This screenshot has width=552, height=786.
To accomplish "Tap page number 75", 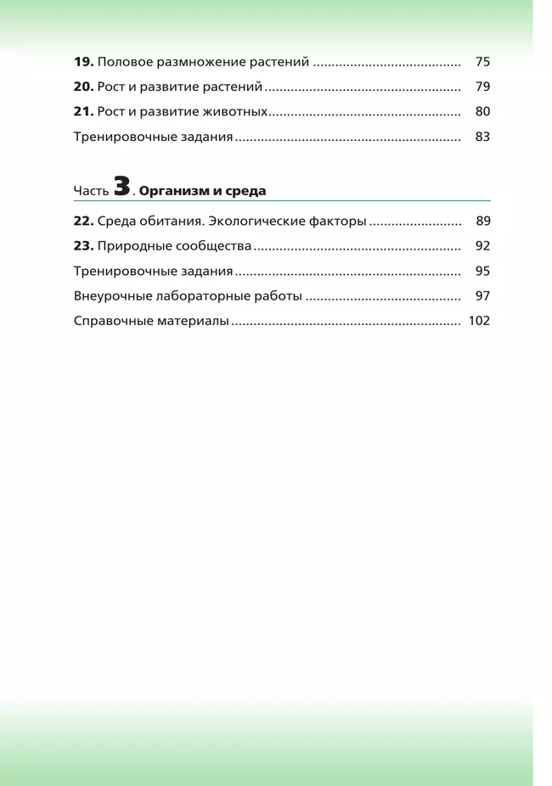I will coord(482,62).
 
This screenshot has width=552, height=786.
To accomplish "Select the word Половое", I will coord(125,62).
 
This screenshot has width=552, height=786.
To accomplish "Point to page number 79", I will coord(482,87).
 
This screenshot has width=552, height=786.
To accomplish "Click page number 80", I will coord(482,111).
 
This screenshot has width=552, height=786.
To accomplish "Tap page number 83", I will coord(482,136).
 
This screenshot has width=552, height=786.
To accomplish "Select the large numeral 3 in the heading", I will coord(121,188).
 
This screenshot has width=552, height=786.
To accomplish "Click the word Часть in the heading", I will coord(91,192).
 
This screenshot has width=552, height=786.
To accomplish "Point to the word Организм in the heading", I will coord(168,191).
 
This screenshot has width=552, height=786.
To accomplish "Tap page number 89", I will coord(482,222).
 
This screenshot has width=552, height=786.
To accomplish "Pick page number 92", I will coord(482,246).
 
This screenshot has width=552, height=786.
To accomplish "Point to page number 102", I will coord(479,322).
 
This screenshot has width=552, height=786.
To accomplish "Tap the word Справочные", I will coord(109,322).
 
